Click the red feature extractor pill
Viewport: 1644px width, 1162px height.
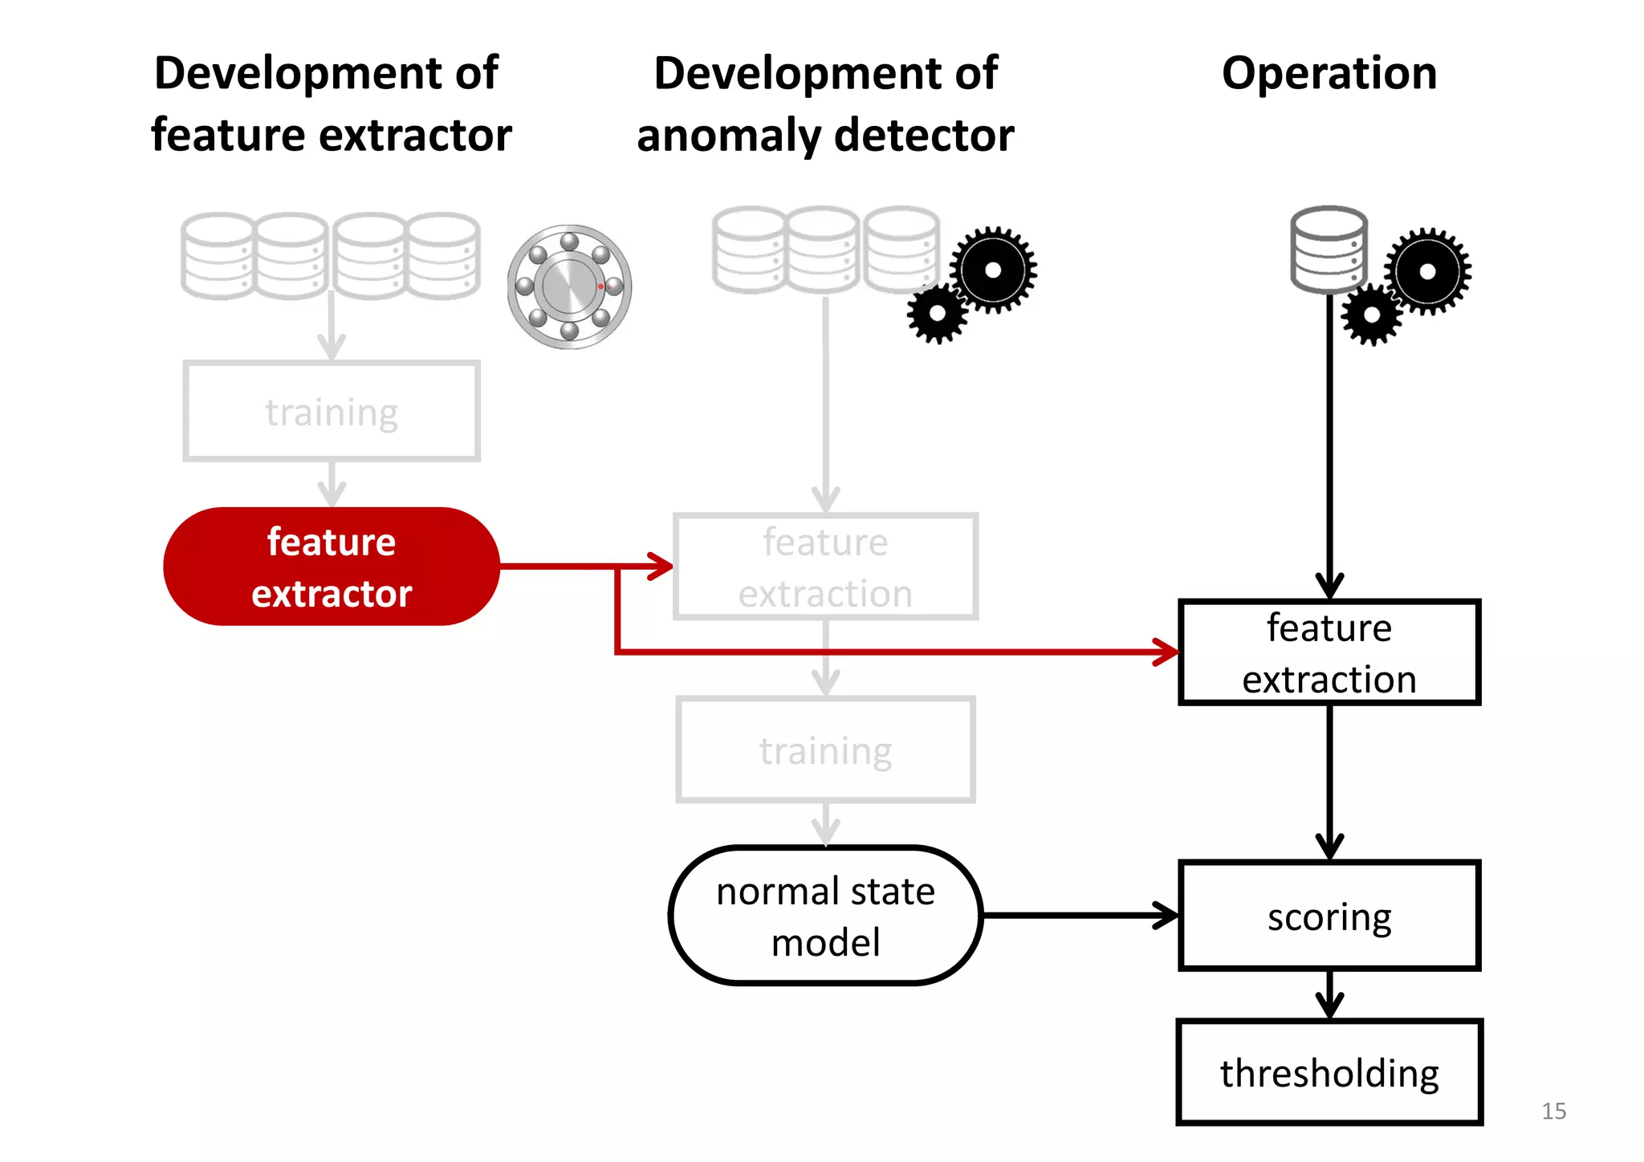331,567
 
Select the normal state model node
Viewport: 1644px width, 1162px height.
825,916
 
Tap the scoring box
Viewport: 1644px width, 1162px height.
1329,916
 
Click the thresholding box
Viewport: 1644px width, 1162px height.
1329,1072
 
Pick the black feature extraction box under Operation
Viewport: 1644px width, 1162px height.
1329,652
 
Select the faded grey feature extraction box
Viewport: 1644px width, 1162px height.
825,567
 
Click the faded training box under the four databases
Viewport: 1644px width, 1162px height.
331,412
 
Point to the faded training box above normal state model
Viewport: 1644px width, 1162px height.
825,750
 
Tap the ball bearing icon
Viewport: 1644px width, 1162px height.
569,286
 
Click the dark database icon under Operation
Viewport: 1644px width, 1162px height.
1329,250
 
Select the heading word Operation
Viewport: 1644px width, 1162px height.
1329,74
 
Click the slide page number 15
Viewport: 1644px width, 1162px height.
1553,1111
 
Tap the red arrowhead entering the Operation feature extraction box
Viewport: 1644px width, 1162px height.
1166,652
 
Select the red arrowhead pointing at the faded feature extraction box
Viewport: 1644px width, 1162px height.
661,567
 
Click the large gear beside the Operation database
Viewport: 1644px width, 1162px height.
1427,271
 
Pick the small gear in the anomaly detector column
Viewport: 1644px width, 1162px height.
937,314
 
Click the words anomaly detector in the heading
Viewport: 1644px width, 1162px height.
825,135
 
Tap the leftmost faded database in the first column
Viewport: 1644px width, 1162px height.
218,256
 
